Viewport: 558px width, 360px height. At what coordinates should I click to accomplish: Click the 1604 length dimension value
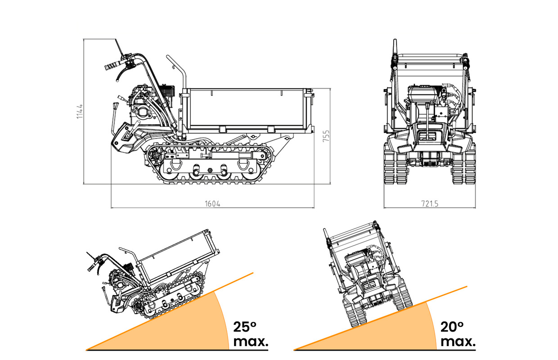click(x=212, y=203)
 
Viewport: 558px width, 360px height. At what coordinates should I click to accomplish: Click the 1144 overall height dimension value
click(x=80, y=111)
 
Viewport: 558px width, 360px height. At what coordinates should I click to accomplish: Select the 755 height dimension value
click(x=327, y=137)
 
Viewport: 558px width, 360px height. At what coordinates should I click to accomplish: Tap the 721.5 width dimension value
click(x=430, y=203)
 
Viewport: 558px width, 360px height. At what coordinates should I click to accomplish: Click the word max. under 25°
click(x=251, y=342)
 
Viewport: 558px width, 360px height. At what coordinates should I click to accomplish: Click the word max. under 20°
click(x=458, y=342)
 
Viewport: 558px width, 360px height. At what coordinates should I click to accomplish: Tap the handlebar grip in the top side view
click(x=110, y=66)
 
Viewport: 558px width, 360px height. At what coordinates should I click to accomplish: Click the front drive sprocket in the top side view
click(x=155, y=156)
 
